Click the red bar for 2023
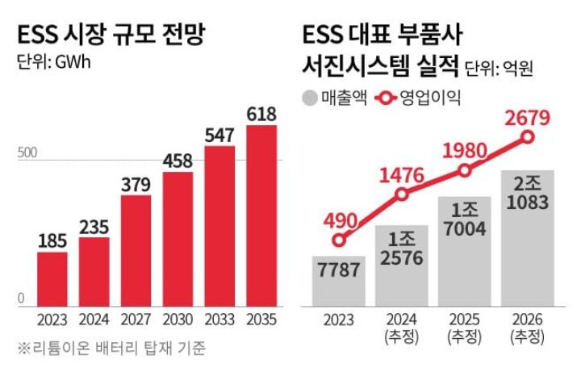point(52,278)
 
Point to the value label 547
point(219,134)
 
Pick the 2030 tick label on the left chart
point(178,319)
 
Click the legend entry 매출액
point(334,98)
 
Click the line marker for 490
point(339,240)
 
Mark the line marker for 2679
point(528,137)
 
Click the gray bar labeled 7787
point(339,281)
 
